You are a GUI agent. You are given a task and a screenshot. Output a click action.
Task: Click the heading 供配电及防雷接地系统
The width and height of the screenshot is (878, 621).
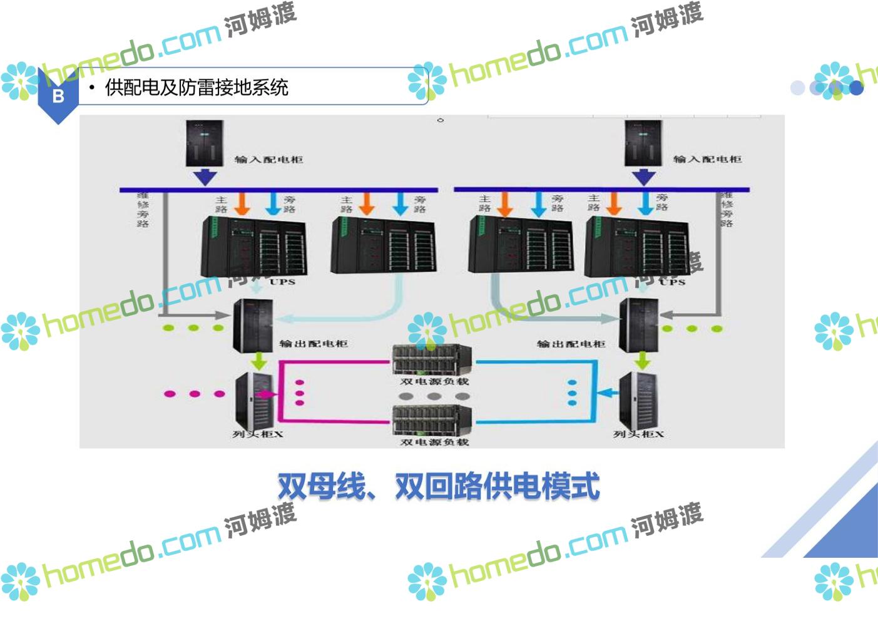(x=197, y=88)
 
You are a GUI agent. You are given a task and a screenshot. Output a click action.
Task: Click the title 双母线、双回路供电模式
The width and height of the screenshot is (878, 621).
(x=438, y=486)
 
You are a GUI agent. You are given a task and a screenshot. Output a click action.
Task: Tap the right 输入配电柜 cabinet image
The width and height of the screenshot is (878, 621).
(x=643, y=143)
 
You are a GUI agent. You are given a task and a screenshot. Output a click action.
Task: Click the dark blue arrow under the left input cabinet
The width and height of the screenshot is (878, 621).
(x=204, y=177)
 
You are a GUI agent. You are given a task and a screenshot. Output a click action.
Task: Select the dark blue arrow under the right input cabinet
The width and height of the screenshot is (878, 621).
(x=643, y=177)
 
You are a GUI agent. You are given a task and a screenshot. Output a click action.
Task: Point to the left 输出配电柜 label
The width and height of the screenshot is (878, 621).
(x=313, y=344)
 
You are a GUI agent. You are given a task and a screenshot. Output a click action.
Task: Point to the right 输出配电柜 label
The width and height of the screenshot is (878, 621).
(x=571, y=344)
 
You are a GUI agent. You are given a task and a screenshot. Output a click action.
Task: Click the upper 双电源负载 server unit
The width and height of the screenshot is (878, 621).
(x=432, y=359)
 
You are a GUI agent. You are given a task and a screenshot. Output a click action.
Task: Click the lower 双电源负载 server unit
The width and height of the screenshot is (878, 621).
(x=432, y=420)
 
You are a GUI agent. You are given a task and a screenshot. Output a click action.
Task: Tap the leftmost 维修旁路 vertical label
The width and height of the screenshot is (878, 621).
(x=143, y=210)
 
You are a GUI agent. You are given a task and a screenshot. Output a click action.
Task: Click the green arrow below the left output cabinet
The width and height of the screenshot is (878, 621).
(x=258, y=361)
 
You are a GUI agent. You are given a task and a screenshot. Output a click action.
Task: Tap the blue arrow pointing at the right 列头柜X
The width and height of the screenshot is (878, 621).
(x=606, y=393)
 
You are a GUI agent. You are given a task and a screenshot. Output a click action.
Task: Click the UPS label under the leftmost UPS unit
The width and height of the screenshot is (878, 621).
(x=282, y=282)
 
